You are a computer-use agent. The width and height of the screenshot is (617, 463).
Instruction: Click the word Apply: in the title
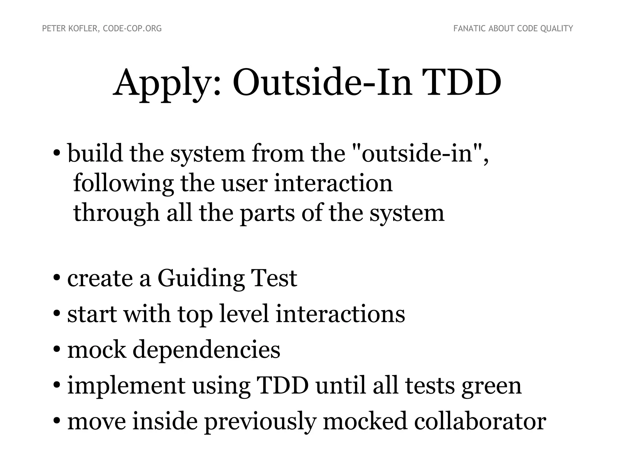pyautogui.click(x=167, y=83)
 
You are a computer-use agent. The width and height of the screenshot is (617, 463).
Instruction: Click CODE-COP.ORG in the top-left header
pyautogui.click(x=132, y=29)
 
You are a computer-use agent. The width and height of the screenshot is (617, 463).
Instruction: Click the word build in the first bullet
pyautogui.click(x=95, y=153)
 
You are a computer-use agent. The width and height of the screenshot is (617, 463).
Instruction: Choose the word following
pyautogui.click(x=123, y=184)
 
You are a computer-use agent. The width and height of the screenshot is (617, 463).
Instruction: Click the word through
pyautogui.click(x=116, y=213)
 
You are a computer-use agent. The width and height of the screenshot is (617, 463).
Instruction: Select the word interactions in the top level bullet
pyautogui.click(x=340, y=314)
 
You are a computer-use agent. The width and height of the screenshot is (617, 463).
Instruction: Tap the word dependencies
pyautogui.click(x=206, y=350)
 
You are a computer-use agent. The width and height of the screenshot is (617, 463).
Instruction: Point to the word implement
pyautogui.click(x=126, y=386)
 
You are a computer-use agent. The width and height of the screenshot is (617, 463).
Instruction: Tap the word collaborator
pyautogui.click(x=480, y=421)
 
